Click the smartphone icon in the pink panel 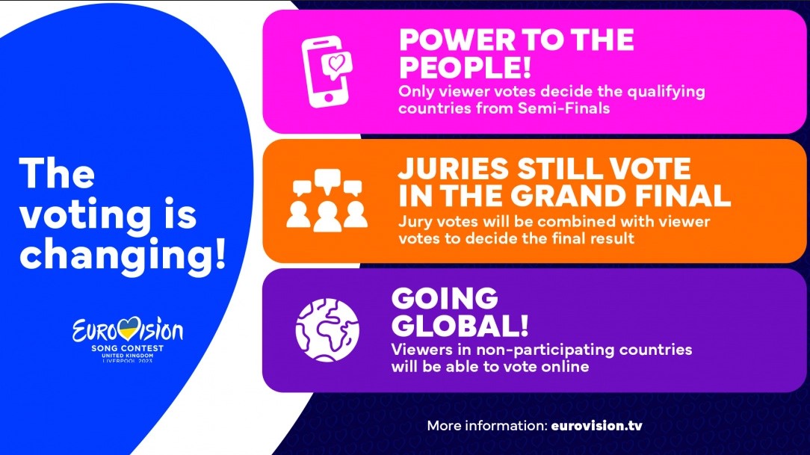(x=326, y=72)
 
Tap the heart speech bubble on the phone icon (x=337, y=65)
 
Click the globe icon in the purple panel (x=327, y=330)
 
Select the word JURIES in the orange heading (x=454, y=169)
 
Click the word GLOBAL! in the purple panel (x=460, y=325)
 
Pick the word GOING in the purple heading (x=445, y=298)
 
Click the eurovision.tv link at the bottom (x=596, y=426)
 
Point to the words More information (x=486, y=426)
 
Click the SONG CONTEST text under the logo (x=128, y=348)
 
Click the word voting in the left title (x=86, y=215)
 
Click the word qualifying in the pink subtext (x=666, y=93)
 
